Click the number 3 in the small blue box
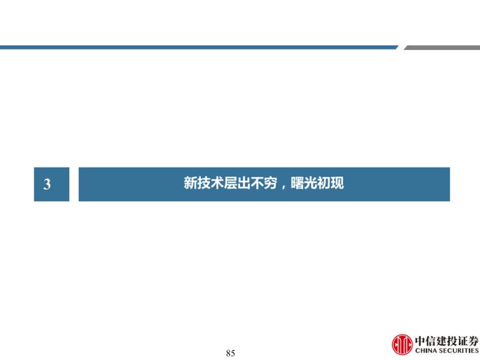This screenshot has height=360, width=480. pyautogui.click(x=47, y=184)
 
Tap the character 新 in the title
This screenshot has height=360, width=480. pyautogui.click(x=190, y=183)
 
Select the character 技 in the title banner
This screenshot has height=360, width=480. pyautogui.click(x=204, y=183)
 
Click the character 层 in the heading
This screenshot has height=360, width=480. pyautogui.click(x=230, y=183)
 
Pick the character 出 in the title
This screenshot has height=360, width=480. pyautogui.click(x=243, y=183)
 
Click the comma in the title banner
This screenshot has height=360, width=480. pyautogui.click(x=283, y=187)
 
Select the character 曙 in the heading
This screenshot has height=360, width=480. pyautogui.click(x=297, y=183)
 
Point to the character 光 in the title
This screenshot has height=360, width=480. pyautogui.click(x=311, y=183)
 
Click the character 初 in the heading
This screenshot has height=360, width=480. pyautogui.click(x=324, y=183)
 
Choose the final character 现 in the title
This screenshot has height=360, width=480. pyautogui.click(x=337, y=183)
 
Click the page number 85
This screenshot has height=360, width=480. pyautogui.click(x=230, y=353)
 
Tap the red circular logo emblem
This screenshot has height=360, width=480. pyautogui.click(x=403, y=344)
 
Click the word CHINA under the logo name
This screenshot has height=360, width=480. pyautogui.click(x=424, y=350)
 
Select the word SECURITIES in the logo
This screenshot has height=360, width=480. pyautogui.click(x=456, y=350)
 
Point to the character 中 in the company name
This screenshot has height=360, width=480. pyautogui.click(x=420, y=341)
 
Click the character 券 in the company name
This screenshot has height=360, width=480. pyautogui.click(x=473, y=341)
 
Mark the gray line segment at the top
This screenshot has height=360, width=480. pyautogui.click(x=442, y=47)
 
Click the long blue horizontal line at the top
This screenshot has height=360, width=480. pyautogui.click(x=199, y=47)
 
